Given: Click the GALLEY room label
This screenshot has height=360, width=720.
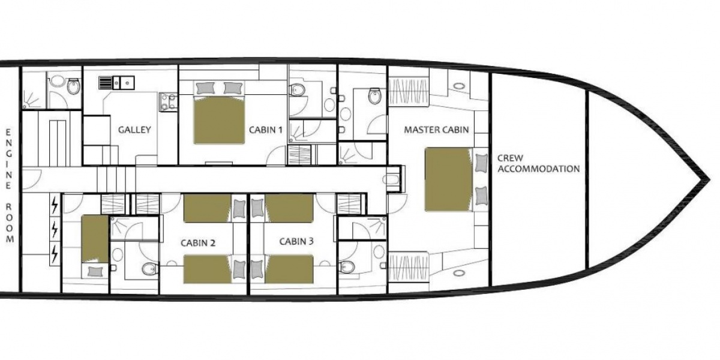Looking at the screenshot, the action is (134, 130).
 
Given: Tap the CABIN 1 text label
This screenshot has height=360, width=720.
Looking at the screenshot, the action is (266, 130).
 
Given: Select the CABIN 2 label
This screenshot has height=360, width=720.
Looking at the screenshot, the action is (198, 243).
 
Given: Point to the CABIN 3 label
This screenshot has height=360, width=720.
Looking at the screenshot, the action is (296, 241).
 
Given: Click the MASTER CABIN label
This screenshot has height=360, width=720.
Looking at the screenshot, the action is (436, 130).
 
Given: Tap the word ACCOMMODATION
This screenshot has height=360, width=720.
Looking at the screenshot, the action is (539, 169).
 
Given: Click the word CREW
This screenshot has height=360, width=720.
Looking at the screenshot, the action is (510, 158).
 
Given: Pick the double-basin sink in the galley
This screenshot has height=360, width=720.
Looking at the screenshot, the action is (124, 83).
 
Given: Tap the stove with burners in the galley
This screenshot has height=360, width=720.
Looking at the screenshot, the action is (168, 102).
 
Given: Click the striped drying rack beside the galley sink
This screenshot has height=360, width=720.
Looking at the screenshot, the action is (104, 83).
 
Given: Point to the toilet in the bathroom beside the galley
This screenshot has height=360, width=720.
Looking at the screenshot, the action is (74, 86).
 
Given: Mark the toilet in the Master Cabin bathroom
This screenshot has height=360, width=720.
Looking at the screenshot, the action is (375, 95).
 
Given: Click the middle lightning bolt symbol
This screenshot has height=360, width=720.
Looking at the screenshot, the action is (55, 229).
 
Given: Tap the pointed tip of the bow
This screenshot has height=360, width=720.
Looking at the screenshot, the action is (709, 179).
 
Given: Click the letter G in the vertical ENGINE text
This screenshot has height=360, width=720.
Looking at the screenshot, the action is (9, 154).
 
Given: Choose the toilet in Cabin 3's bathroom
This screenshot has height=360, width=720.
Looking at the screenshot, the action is (347, 267).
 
